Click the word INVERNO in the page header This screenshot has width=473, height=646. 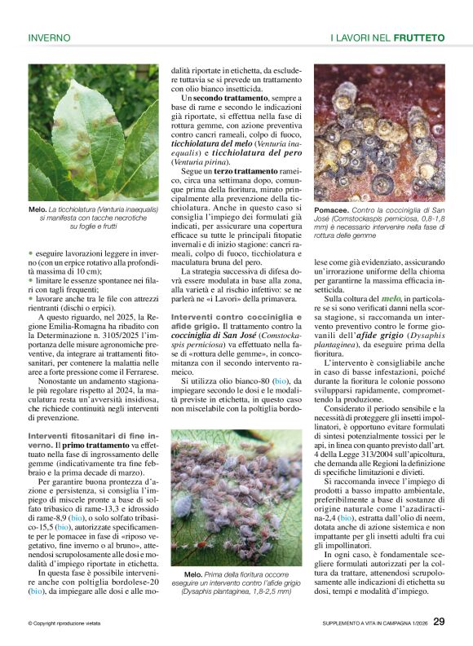(x=49, y=37)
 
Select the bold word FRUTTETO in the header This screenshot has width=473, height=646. (x=419, y=37)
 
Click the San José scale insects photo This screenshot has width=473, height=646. (x=379, y=132)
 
